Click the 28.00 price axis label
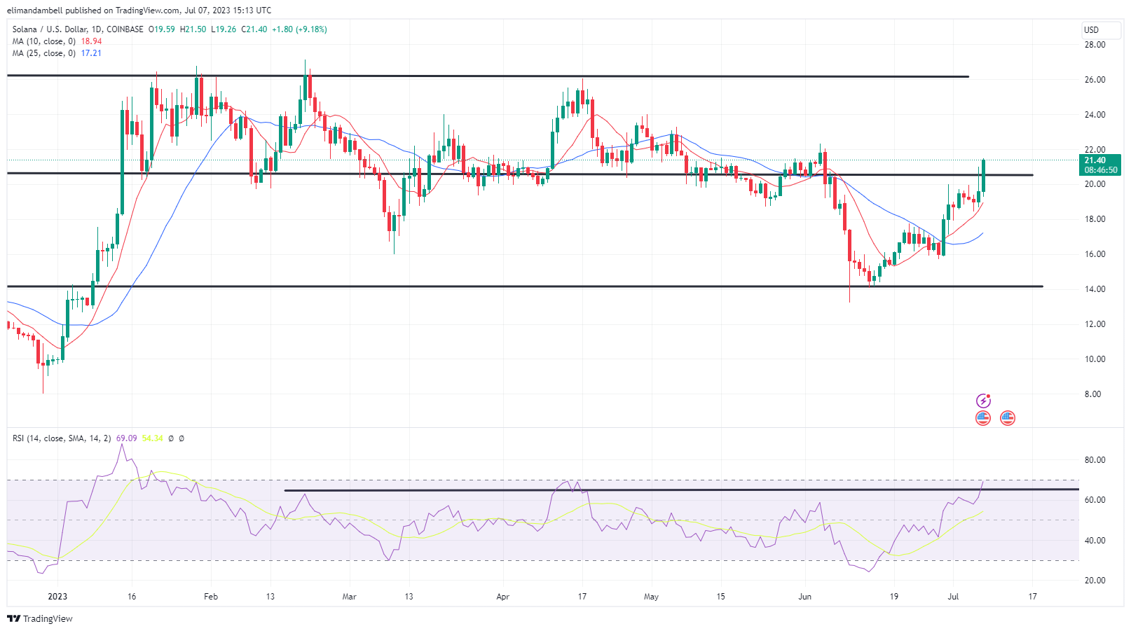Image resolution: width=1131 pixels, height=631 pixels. (1095, 45)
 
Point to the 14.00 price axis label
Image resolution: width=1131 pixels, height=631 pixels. (1095, 289)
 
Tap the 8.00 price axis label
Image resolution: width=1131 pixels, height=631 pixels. (1092, 394)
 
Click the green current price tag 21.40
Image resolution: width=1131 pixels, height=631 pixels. (1100, 160)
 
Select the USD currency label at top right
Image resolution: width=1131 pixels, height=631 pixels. (1091, 29)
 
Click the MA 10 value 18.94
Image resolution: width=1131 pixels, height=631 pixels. (91, 41)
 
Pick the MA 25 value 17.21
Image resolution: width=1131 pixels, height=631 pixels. (91, 53)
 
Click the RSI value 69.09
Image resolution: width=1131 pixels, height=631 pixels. (126, 438)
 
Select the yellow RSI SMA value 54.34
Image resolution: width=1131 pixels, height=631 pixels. (152, 438)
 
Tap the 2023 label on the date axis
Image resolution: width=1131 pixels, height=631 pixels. (57, 597)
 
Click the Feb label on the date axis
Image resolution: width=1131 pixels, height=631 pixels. (210, 597)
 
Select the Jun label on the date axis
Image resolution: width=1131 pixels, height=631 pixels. (804, 597)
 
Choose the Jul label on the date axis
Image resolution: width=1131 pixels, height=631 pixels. (953, 597)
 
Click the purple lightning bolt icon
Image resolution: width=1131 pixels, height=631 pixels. (983, 401)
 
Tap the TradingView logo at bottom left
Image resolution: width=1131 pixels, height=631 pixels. (40, 619)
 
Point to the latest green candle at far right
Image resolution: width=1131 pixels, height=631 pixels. (984, 176)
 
